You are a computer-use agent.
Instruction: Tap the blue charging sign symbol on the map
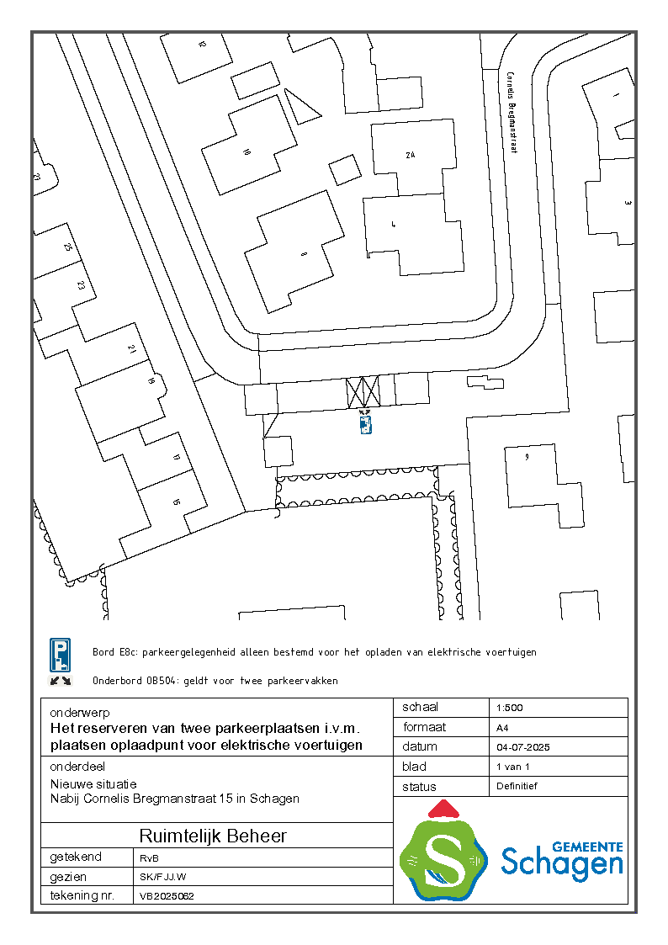(365, 425)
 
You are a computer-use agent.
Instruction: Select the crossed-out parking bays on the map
(363, 391)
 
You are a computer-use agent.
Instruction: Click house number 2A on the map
(410, 156)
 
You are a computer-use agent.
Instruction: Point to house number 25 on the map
(68, 247)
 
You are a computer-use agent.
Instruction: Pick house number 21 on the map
(131, 348)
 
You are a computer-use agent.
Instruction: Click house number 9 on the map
(527, 457)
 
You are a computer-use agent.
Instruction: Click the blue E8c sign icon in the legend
(60, 652)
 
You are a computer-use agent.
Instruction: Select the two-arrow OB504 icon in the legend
(60, 680)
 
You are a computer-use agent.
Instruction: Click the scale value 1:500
(510, 708)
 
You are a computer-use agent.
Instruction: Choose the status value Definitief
(517, 786)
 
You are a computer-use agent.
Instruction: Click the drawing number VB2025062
(167, 896)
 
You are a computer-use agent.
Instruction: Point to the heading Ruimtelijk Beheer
(213, 836)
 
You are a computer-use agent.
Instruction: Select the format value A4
(503, 728)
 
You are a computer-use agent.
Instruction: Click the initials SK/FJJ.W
(162, 877)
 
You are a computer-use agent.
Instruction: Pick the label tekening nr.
(82, 896)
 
